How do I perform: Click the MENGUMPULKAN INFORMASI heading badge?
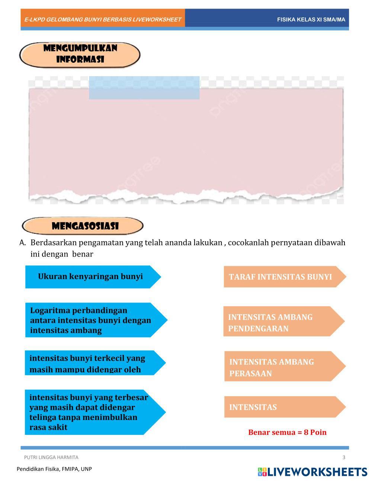(x=80, y=54)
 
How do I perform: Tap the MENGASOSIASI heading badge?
(x=83, y=226)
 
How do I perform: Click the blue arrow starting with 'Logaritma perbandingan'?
(x=93, y=320)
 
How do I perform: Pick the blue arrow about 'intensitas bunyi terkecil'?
(x=93, y=363)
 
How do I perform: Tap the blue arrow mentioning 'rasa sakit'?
(x=93, y=412)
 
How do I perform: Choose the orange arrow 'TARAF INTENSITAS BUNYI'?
(x=283, y=277)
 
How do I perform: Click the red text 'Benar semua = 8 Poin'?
(x=287, y=432)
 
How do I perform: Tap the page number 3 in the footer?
(x=344, y=457)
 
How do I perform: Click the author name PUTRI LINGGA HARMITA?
(x=51, y=457)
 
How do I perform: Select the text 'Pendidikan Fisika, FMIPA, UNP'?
(x=54, y=469)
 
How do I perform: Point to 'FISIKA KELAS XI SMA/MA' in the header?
(x=311, y=19)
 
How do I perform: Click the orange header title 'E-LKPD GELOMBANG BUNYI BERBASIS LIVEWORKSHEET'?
(x=103, y=19)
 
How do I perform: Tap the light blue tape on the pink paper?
(x=144, y=88)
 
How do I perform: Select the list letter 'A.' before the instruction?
(x=23, y=243)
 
